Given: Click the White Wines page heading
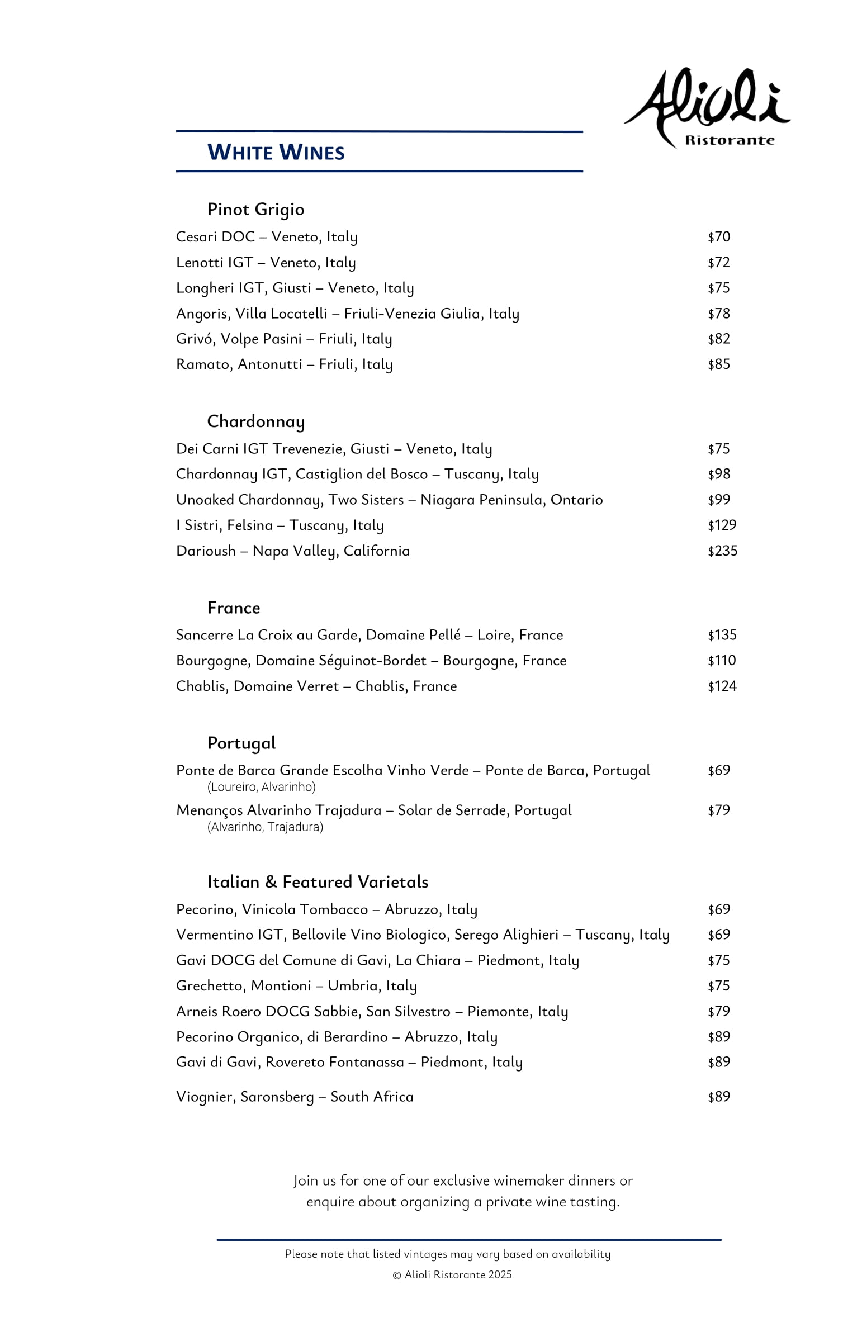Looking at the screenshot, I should [276, 152].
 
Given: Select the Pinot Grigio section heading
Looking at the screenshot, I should [256, 209].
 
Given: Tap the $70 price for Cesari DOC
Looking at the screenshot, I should [719, 237].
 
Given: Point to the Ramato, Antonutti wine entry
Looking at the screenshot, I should [285, 364].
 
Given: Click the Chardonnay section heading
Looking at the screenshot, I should [256, 421].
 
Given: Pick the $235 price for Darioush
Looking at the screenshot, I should [722, 551].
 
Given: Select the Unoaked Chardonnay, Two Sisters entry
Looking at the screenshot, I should [389, 500].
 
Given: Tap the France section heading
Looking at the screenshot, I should [234, 608].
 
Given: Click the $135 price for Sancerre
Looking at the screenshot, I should [722, 635].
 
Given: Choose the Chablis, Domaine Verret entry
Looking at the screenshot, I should [316, 686].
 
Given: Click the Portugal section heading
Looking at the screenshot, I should [241, 743].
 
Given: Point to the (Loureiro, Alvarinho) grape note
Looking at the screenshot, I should [262, 787].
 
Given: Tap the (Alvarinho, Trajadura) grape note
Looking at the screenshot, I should [266, 827].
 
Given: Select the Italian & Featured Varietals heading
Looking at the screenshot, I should [318, 882].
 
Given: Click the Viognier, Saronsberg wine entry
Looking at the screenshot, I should [295, 1096].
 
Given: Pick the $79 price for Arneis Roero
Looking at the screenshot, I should [719, 1011].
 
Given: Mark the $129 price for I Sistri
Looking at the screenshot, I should [722, 525].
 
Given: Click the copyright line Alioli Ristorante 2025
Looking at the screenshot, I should [452, 1275].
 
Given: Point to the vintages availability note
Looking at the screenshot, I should [447, 1254].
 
